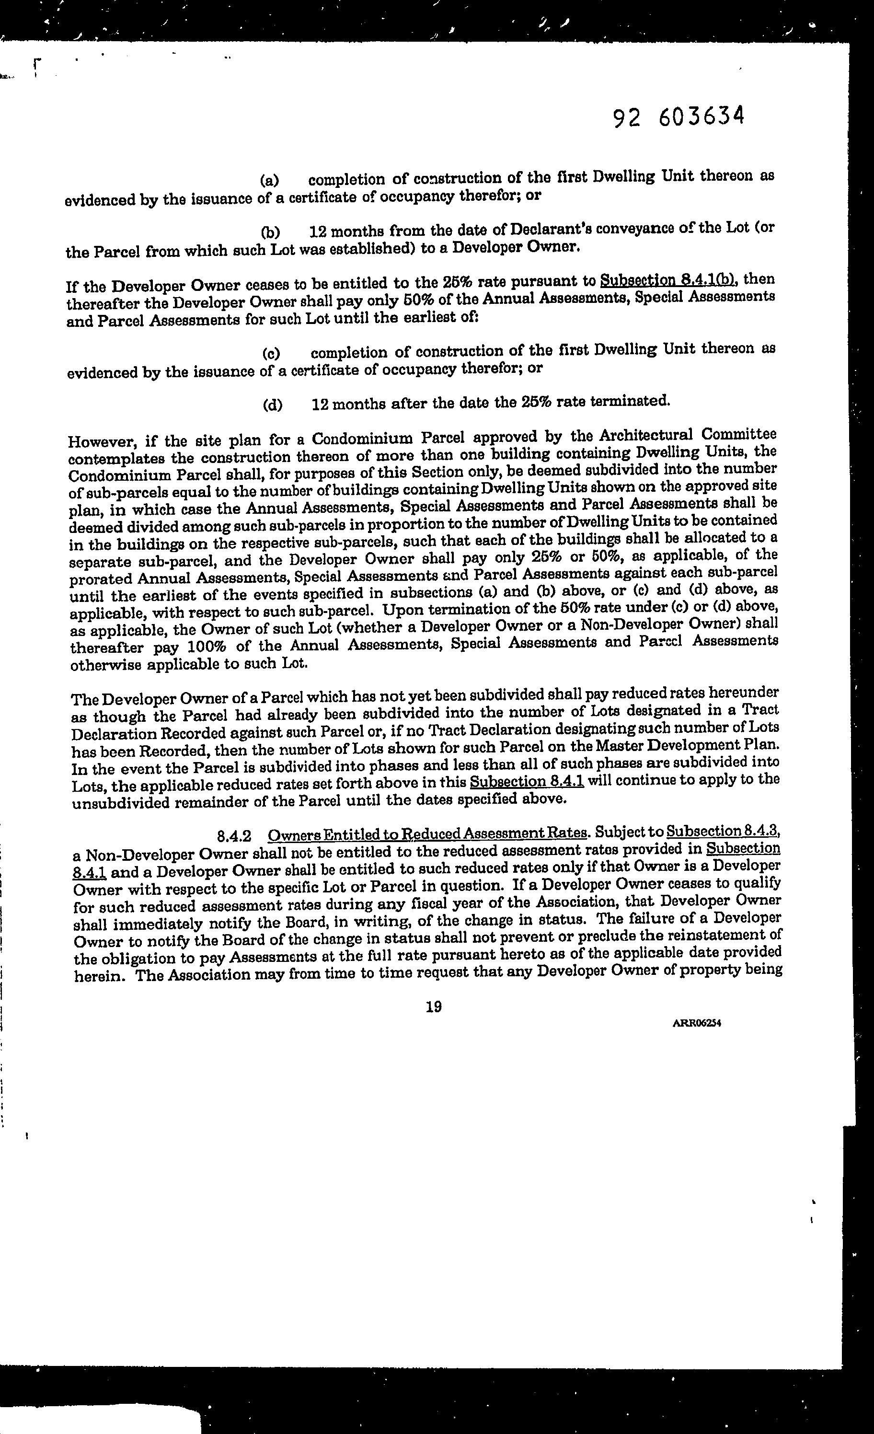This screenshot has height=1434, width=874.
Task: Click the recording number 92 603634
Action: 678,117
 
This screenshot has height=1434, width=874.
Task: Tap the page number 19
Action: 434,1006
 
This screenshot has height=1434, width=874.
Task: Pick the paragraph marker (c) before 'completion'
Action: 271,353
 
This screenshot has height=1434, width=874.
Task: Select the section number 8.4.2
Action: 234,837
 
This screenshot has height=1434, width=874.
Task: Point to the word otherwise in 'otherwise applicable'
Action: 105,665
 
